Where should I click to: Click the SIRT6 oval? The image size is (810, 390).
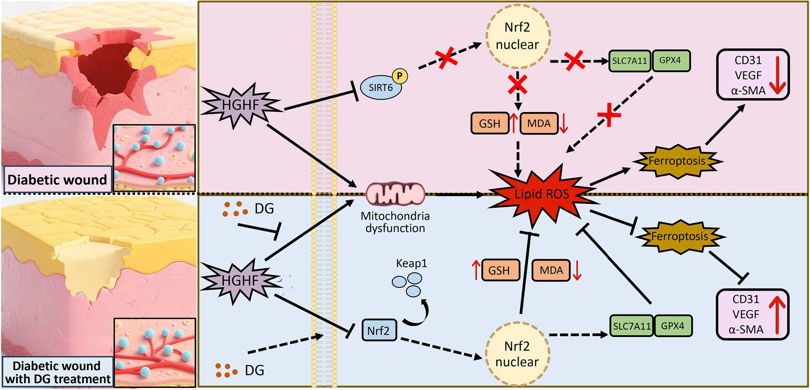coord(380,88)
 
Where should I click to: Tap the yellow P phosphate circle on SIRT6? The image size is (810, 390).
coord(400,76)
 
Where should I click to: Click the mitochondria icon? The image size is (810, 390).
coord(395,194)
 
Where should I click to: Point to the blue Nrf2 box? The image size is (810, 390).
coord(379,330)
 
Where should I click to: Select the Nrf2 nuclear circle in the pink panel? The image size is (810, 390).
coord(517,36)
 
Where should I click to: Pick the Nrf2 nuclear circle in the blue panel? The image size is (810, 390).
coord(517,354)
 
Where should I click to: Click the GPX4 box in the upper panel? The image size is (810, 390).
coord(670,61)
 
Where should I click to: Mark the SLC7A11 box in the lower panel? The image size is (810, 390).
coord(631,326)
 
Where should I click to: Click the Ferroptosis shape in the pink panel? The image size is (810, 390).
coord(677,161)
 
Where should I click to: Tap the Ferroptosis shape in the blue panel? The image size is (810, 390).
coord(680,236)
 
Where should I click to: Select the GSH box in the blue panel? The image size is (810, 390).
coord(499,270)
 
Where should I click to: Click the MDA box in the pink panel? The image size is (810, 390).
coord(539,123)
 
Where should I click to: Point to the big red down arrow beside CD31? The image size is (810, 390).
coord(777,75)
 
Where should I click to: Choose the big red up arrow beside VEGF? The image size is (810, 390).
coord(777,314)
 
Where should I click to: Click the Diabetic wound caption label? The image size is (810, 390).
coord(57,179)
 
